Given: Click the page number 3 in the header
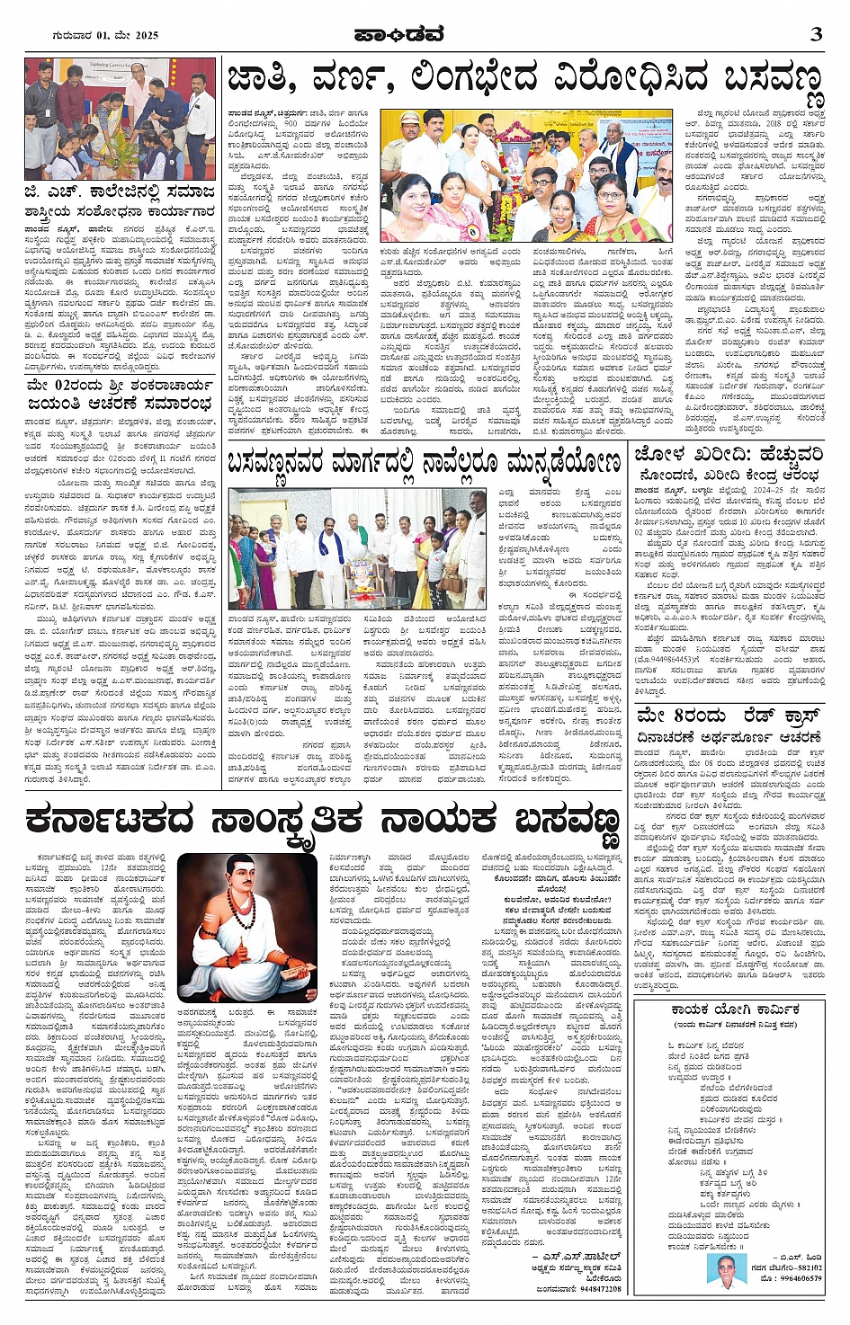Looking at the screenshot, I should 817,34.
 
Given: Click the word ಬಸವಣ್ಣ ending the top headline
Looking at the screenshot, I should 774,82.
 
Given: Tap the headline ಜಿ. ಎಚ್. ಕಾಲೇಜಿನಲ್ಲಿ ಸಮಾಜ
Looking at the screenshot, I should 121,192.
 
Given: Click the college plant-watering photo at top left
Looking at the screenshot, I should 120,119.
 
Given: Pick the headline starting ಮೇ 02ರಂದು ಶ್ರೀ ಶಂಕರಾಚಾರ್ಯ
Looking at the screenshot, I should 120,392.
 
